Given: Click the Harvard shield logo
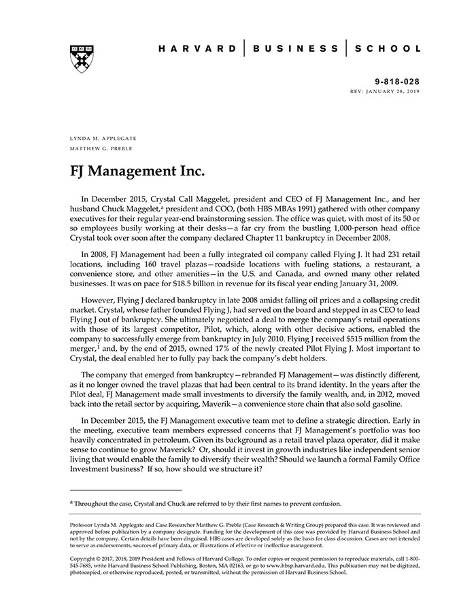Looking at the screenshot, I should click(x=81, y=59).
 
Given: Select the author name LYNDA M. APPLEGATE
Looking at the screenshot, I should click(x=100, y=138).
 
